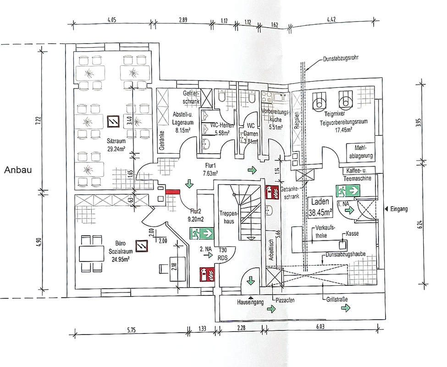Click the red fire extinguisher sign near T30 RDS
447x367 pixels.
206,274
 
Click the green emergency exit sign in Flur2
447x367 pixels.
203,233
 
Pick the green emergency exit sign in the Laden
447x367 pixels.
348,190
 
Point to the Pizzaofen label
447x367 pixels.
285,300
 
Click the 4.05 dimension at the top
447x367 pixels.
112,20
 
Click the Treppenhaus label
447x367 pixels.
228,217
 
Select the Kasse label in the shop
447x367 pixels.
352,234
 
